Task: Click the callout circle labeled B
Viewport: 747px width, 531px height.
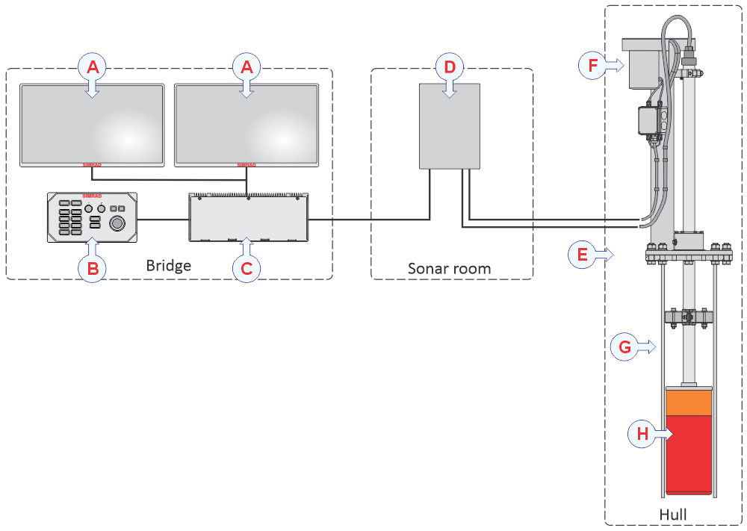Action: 92,269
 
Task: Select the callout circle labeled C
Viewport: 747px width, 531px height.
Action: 247,269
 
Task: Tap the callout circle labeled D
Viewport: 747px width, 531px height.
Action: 449,67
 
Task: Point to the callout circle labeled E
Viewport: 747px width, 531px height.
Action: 583,254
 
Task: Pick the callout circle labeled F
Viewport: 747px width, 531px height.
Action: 593,66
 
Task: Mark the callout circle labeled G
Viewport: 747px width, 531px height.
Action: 624,347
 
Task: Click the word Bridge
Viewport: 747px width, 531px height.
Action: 168,266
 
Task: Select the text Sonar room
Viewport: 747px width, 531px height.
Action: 449,268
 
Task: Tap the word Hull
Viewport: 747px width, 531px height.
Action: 673,515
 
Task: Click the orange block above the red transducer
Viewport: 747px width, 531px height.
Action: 688,402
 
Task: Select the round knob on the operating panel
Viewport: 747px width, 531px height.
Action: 117,224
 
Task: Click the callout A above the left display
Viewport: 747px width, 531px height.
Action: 93,67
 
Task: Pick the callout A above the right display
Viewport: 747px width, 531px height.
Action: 247,67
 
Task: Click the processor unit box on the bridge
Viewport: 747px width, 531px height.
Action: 248,217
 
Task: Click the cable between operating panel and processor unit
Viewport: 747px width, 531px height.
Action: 163,219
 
